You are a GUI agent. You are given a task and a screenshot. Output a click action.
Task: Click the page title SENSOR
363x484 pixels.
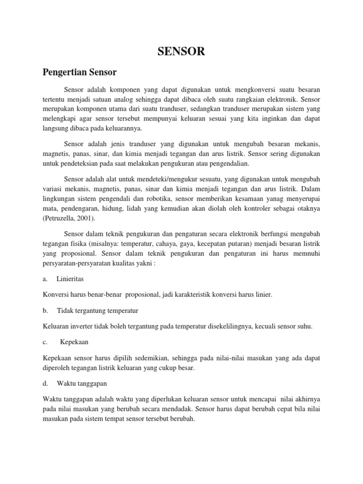[181, 52]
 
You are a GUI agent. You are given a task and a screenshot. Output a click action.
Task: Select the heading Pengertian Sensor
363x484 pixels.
[79, 72]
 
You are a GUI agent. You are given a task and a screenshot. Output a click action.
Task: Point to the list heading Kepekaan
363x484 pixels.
[75, 341]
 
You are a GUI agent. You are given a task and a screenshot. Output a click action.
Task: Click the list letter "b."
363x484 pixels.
[45, 311]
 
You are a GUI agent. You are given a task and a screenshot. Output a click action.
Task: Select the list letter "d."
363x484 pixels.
[45, 383]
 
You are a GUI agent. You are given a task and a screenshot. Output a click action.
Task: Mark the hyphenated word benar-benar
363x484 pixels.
[103, 294]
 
